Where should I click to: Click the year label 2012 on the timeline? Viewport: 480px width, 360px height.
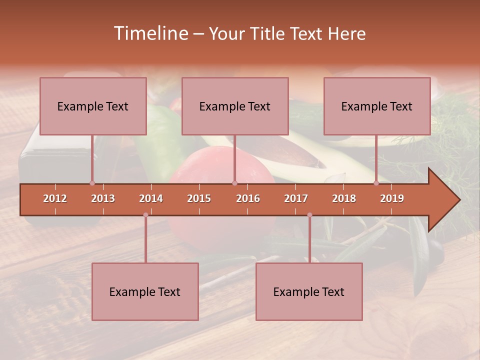point(55,198)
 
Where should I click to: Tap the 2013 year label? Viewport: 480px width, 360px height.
point(103,198)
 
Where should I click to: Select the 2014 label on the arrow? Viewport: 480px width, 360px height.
point(151,198)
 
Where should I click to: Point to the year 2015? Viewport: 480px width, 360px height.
point(199,198)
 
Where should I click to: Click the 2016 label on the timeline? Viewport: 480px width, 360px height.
point(248,198)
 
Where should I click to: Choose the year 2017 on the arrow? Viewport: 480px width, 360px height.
point(296,198)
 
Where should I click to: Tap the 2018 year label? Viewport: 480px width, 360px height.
point(344,198)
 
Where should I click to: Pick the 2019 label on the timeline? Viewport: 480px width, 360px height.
point(392,198)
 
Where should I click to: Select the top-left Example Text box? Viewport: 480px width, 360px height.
point(93,106)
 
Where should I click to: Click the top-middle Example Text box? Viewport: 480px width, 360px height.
point(235,106)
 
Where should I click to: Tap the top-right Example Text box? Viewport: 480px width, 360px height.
point(377,106)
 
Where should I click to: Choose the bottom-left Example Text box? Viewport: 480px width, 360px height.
point(145,291)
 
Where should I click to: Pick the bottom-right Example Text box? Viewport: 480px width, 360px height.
point(309,291)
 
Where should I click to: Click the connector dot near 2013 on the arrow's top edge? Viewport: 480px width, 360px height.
point(92,183)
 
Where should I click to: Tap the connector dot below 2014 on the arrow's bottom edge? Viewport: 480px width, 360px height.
point(145,215)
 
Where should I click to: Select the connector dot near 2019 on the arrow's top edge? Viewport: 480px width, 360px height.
point(376,183)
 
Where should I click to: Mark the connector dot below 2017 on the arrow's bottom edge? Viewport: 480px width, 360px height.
point(309,215)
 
